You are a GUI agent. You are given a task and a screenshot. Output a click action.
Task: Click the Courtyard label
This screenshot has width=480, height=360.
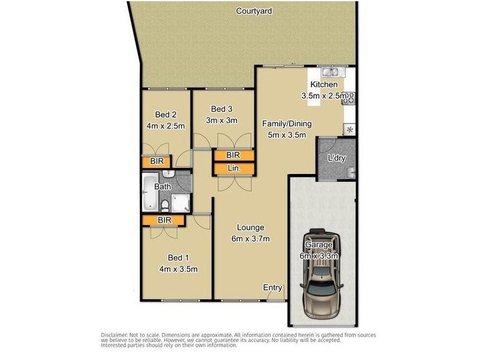pyautogui.click(x=254, y=10)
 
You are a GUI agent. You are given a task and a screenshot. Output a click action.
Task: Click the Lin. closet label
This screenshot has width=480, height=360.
pyautogui.click(x=234, y=169)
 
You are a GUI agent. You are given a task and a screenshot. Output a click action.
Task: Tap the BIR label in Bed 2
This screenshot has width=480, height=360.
pyautogui.click(x=157, y=161)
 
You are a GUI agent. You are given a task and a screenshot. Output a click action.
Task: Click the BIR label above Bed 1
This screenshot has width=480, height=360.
pyautogui.click(x=164, y=220)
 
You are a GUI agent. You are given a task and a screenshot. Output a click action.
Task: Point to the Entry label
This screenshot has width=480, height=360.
pyautogui.click(x=273, y=288)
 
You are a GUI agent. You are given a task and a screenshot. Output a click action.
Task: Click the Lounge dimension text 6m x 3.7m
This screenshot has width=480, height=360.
pyautogui.click(x=251, y=239)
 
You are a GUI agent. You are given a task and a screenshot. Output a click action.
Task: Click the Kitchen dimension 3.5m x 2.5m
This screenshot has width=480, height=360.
pyautogui.click(x=325, y=95)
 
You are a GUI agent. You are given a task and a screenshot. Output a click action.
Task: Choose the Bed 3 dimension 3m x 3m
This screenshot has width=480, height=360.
pyautogui.click(x=222, y=120)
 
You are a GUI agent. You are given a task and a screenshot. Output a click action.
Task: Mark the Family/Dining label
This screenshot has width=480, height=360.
pyautogui.click(x=287, y=124)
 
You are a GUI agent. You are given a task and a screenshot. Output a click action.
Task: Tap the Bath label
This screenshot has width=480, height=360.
pyautogui.click(x=163, y=187)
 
